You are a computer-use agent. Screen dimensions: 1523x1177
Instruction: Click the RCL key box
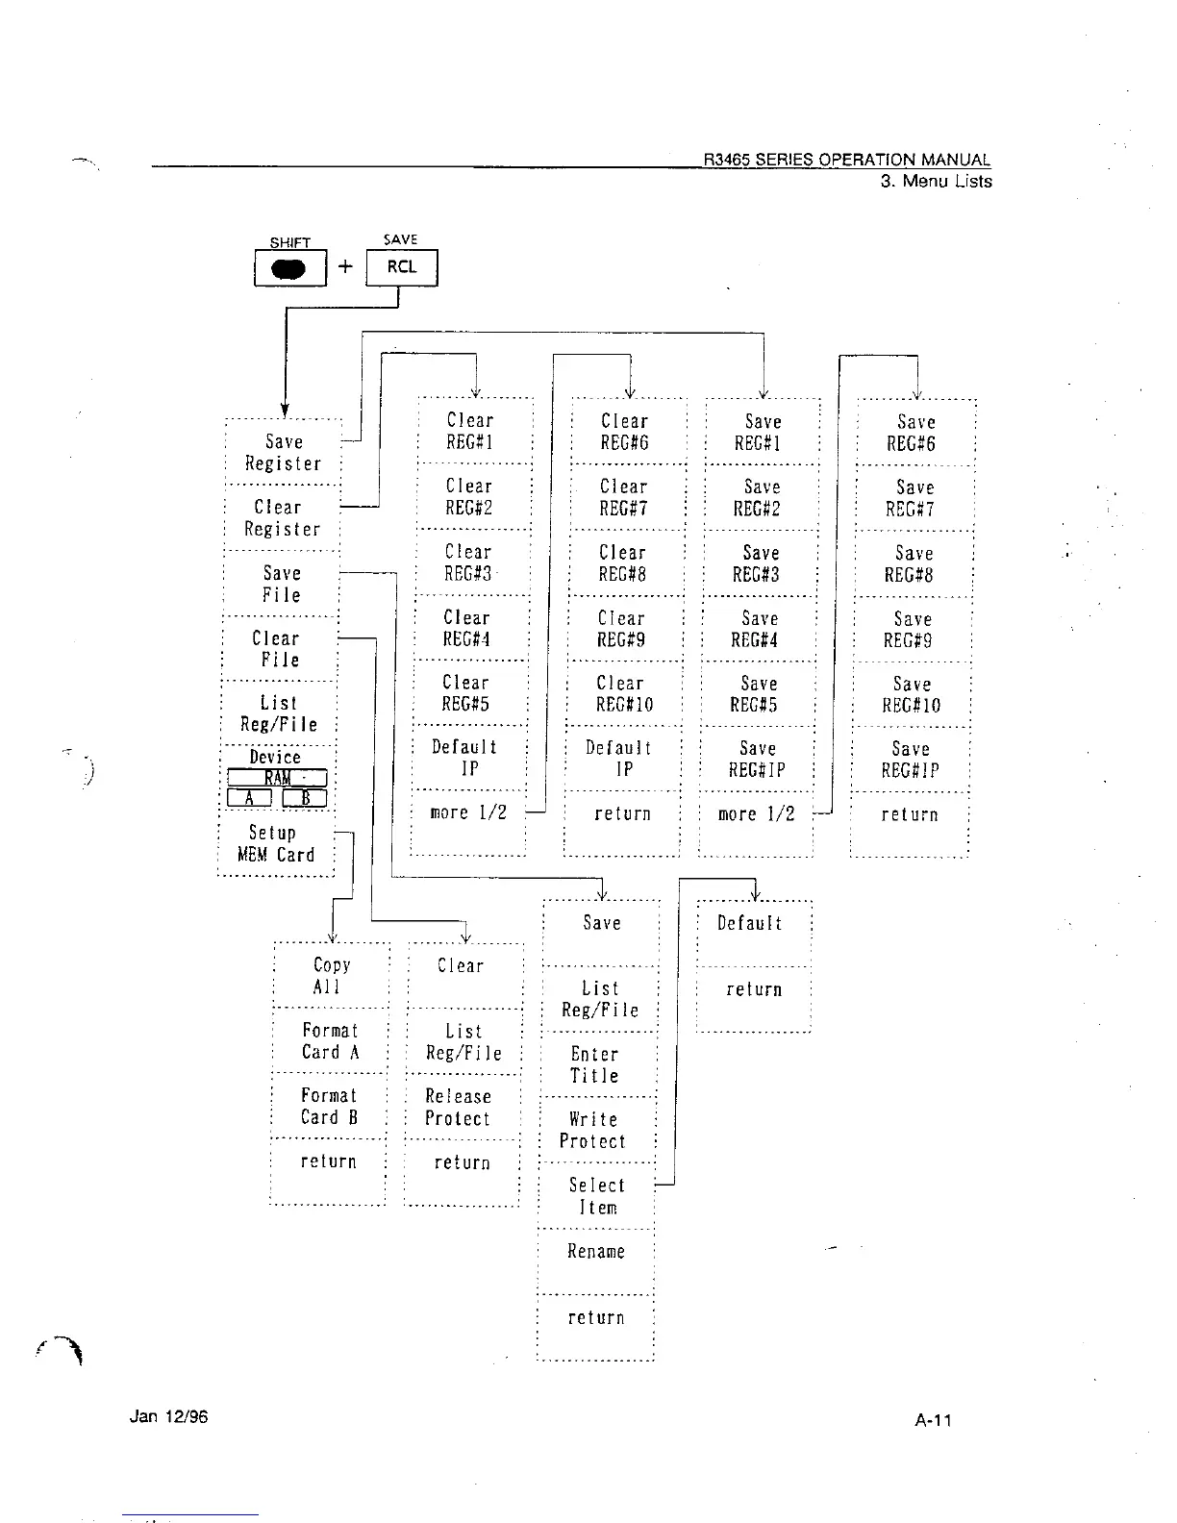tap(402, 267)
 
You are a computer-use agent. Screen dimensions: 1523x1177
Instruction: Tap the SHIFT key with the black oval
tap(289, 268)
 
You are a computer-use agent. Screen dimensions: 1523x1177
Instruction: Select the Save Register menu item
tap(283, 453)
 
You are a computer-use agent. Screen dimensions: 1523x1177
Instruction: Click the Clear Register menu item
tap(281, 518)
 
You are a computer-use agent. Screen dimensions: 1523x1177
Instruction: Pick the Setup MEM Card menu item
tap(276, 844)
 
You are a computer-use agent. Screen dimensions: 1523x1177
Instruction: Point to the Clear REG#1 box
tap(470, 432)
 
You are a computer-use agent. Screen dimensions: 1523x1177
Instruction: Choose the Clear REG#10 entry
tap(623, 693)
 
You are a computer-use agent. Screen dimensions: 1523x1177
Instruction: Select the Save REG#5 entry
tap(758, 693)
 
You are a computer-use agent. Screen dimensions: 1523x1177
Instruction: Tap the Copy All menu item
tap(331, 976)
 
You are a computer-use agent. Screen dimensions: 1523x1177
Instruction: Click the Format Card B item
tap(329, 1107)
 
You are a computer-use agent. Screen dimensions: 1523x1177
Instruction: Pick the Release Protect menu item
tap(459, 1108)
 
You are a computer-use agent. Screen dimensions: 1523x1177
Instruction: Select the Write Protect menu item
tap(594, 1131)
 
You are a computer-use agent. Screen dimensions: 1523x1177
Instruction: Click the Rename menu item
tap(596, 1252)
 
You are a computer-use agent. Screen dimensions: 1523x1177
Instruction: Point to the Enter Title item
tap(594, 1065)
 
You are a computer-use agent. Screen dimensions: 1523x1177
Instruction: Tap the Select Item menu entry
tap(596, 1196)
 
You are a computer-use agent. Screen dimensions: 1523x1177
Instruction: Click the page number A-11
tap(934, 1420)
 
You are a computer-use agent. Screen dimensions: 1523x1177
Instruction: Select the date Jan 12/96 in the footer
tap(168, 1416)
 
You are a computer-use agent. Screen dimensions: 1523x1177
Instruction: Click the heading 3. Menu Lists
tap(936, 182)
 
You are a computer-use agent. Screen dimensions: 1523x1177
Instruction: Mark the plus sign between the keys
tap(346, 267)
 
